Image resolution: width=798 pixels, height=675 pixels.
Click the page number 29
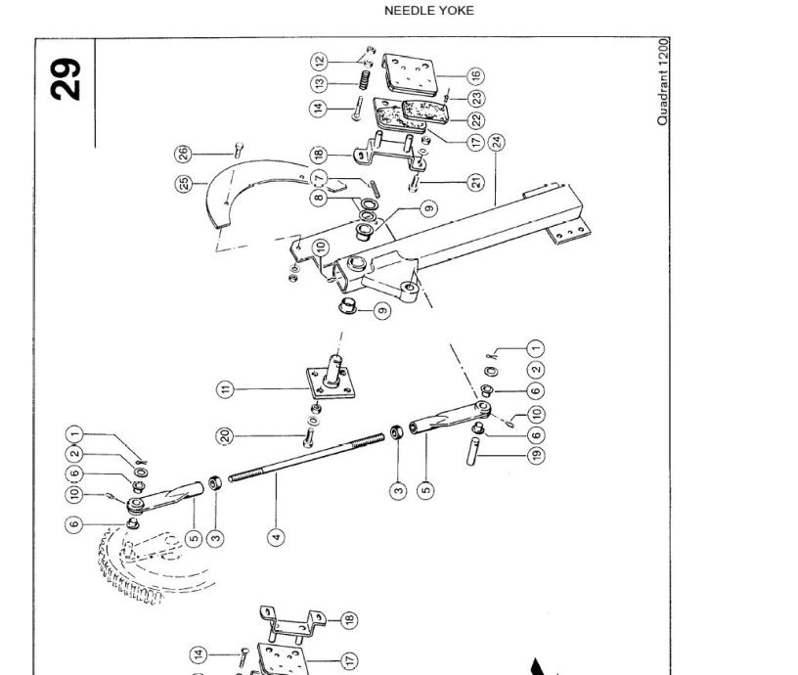coord(66,78)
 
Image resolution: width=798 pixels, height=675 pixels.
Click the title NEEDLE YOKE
coord(428,11)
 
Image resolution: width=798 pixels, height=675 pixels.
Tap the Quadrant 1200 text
coord(663,82)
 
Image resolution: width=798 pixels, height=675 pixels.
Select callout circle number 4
coord(277,536)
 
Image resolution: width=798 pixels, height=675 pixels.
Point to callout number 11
coord(227,389)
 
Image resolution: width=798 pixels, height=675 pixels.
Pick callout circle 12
coord(320,61)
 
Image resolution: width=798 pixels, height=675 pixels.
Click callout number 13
coord(320,84)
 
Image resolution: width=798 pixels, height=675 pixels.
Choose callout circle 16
coord(475,75)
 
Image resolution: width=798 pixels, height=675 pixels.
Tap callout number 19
coord(535,454)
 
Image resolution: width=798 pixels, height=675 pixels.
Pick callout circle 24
coord(497,142)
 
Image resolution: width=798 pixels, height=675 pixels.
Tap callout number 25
coord(183,183)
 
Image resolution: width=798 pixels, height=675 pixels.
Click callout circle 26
coord(183,154)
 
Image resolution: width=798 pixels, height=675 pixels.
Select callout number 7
coord(320,177)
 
